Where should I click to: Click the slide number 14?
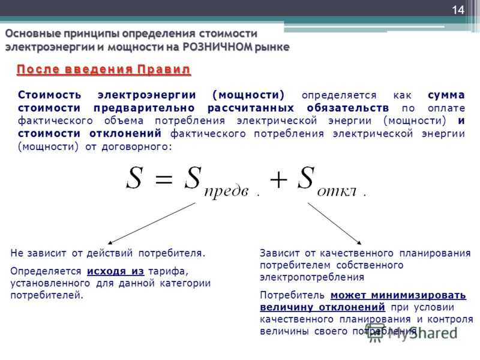[458, 10]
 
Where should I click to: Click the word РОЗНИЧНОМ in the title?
[218, 47]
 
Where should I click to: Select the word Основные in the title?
[32, 34]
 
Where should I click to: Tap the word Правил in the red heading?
[164, 70]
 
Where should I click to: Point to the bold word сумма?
[446, 95]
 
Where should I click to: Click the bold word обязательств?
[348, 108]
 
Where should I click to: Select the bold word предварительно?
[144, 109]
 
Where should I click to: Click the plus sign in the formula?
[278, 179]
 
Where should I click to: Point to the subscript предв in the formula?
[226, 191]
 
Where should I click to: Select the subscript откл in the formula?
[337, 191]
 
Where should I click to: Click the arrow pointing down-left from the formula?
[152, 223]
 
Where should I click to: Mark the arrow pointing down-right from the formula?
[335, 223]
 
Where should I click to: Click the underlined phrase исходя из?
[115, 272]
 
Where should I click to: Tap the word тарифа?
[169, 272]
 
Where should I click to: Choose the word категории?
[185, 283]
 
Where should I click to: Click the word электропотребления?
[312, 277]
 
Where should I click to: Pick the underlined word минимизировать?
[418, 295]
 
